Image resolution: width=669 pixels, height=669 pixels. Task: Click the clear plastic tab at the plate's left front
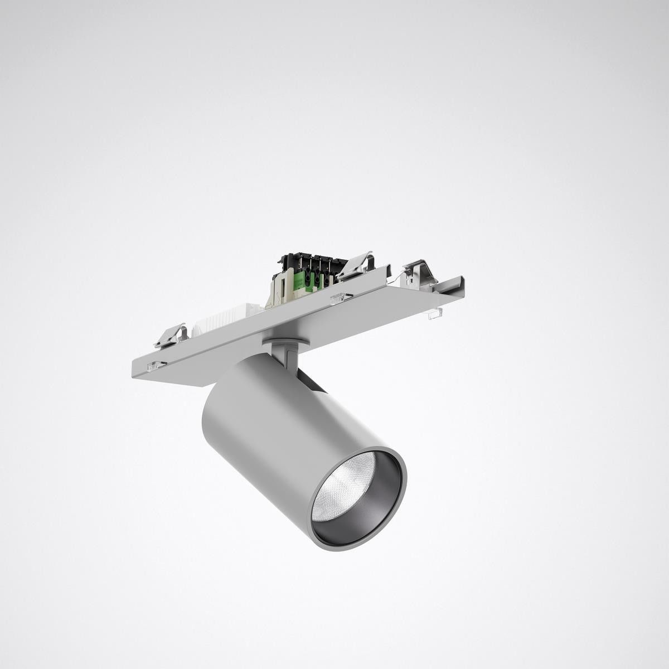[156, 366]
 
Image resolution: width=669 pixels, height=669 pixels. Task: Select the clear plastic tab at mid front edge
[340, 299]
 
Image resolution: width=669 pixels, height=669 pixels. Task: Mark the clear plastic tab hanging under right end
[434, 314]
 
